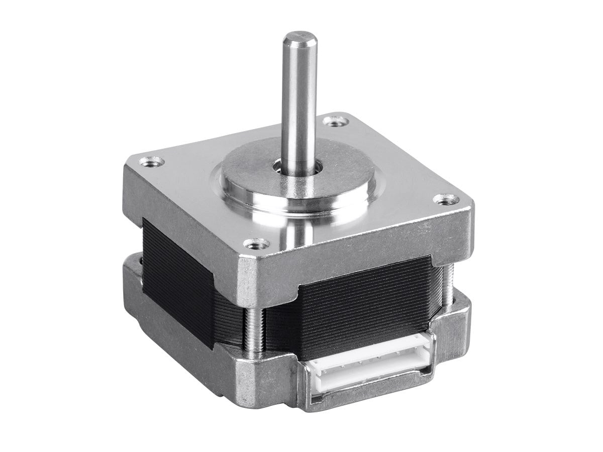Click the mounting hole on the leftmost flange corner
click(x=151, y=161)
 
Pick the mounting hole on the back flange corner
click(x=334, y=121)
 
